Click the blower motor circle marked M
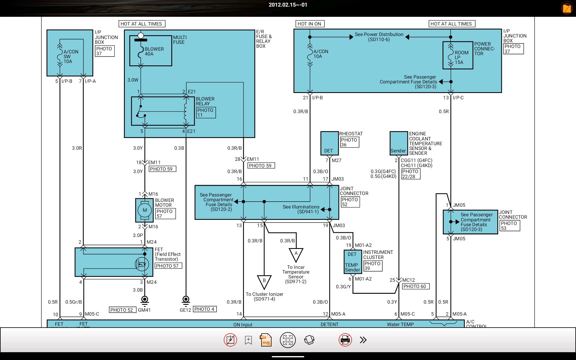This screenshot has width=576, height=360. point(145,210)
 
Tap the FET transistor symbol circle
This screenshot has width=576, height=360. point(142,264)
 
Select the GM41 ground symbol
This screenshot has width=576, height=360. point(145,300)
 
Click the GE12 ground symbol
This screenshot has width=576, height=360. point(186,300)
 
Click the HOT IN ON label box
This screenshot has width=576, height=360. point(309,24)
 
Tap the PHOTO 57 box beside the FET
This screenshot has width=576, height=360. point(168,266)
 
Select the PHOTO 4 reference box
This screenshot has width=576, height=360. point(205,309)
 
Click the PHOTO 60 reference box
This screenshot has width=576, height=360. point(416,286)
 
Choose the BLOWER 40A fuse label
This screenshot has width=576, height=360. point(154,51)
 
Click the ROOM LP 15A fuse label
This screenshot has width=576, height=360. point(461,57)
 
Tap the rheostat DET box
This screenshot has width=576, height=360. point(330,143)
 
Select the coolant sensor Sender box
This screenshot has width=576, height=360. point(399,143)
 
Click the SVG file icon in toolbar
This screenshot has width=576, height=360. point(266,340)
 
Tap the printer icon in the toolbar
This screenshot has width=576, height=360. point(345,340)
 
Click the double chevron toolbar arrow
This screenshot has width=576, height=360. point(363,340)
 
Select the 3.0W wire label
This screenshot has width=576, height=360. point(133,80)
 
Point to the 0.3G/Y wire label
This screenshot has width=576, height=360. point(343,286)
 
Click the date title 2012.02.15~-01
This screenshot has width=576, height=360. point(288,5)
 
